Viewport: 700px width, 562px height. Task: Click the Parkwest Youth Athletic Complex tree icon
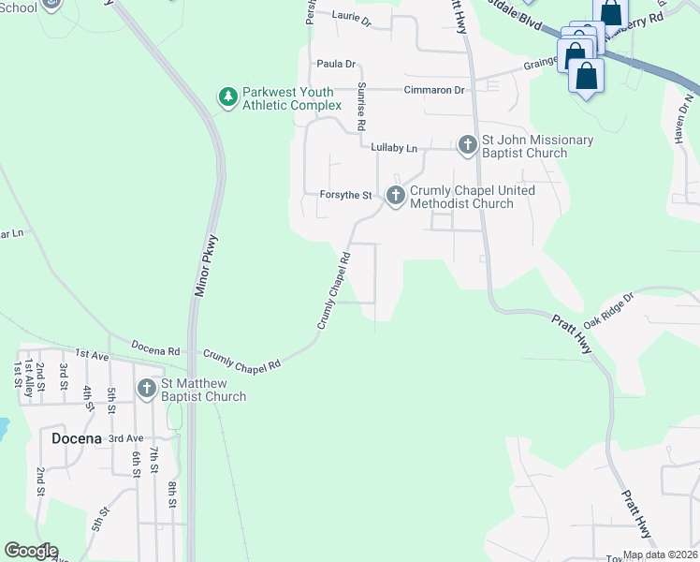(226, 96)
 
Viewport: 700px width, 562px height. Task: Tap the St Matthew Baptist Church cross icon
(147, 388)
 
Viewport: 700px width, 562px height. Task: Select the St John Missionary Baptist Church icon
(468, 144)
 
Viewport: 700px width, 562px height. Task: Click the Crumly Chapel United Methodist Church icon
(395, 195)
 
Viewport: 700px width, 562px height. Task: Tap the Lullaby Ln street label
(394, 148)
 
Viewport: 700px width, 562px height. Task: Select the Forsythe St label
(347, 195)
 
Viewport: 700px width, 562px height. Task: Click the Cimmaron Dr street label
(434, 90)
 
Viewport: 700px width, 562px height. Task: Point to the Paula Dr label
(337, 64)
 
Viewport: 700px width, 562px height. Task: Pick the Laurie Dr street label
(352, 16)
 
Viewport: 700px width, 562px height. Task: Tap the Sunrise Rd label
(360, 105)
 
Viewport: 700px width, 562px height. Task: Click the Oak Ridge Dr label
(609, 309)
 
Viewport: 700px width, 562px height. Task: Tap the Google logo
(31, 551)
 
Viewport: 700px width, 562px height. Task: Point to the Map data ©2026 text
(660, 555)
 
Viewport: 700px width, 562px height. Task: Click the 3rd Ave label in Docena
(125, 438)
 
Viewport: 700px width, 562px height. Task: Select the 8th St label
(173, 495)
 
